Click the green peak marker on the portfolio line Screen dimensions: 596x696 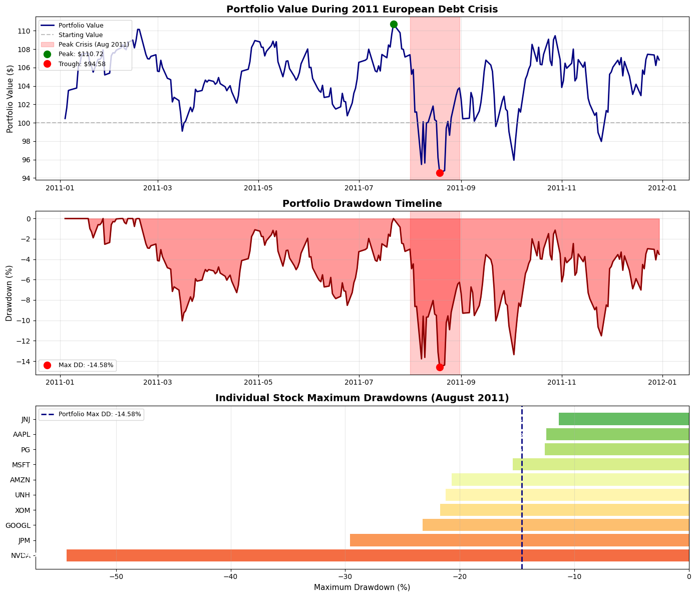394,24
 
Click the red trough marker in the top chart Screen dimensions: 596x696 440,173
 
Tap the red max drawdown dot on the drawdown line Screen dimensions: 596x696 440,367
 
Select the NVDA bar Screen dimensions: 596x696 378,555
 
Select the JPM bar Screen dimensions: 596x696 519,540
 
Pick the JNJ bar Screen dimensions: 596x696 623,419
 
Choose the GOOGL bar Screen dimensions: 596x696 555,525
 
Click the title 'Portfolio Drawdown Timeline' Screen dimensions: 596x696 362,203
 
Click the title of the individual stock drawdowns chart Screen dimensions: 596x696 362,398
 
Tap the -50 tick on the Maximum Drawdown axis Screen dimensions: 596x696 116,576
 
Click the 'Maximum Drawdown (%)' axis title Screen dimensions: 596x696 362,587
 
